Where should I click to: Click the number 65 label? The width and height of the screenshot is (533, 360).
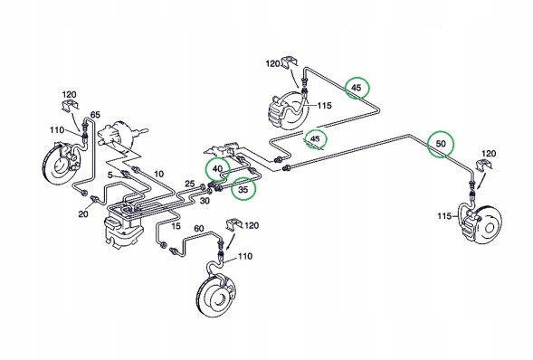[x=95, y=115]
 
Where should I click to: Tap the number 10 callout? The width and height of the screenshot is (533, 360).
[x=158, y=175]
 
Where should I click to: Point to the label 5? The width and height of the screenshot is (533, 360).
[x=110, y=175]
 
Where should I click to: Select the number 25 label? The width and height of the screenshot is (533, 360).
[x=190, y=185]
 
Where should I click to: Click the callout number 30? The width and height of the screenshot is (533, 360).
[x=205, y=201]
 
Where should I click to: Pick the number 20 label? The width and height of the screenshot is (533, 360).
[x=83, y=214]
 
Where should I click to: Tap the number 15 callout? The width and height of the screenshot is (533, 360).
[x=176, y=226]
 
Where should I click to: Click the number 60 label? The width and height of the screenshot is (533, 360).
[x=199, y=228]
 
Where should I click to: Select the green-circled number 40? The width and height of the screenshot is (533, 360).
[x=217, y=169]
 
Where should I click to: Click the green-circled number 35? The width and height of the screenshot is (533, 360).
[x=243, y=190]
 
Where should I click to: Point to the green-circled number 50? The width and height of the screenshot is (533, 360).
[x=441, y=144]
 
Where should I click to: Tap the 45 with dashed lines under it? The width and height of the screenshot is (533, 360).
[x=315, y=138]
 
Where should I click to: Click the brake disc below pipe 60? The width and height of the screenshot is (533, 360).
[x=214, y=297]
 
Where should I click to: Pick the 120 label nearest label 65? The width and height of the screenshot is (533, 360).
[x=69, y=94]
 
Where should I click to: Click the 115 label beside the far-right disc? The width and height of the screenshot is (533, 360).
[x=444, y=216]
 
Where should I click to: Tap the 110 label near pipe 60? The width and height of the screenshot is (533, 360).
[x=244, y=256]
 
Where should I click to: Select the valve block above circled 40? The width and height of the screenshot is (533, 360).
[x=223, y=149]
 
